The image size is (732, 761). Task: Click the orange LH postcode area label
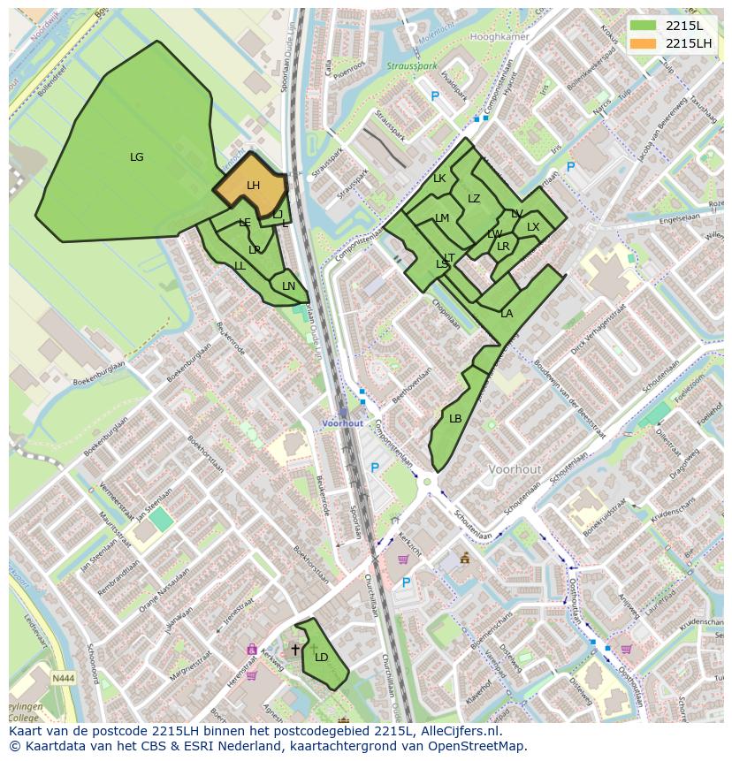coord(253,186)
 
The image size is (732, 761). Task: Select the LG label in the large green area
coord(137,157)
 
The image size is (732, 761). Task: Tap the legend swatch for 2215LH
coord(644,43)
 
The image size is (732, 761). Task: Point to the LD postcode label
coord(322,657)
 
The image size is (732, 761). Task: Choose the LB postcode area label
coord(455,418)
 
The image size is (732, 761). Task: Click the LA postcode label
coord(507,314)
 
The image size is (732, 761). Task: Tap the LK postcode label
coord(439,179)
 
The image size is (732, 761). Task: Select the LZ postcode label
coord(474,199)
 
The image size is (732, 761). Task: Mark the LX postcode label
coord(533,227)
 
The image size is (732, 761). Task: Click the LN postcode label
coord(288,286)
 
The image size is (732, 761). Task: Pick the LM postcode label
coord(442,218)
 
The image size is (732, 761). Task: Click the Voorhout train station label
coord(342,423)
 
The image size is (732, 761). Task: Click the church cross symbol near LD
coord(295,650)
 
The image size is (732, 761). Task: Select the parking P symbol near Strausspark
coord(435,95)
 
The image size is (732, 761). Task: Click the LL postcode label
coord(240,266)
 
